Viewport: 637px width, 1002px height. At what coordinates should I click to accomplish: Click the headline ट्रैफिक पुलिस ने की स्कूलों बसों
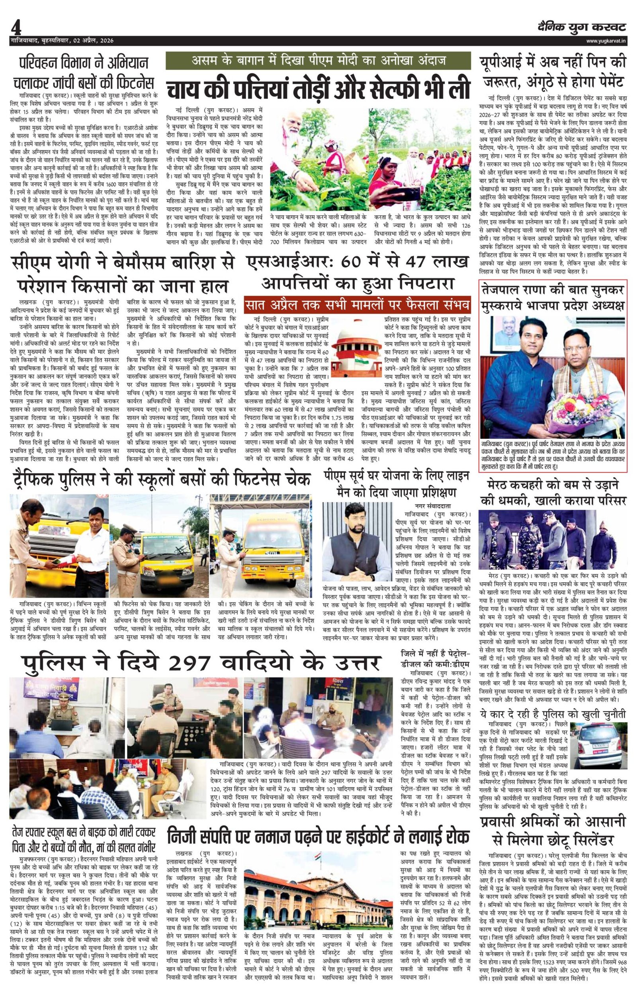161,480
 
